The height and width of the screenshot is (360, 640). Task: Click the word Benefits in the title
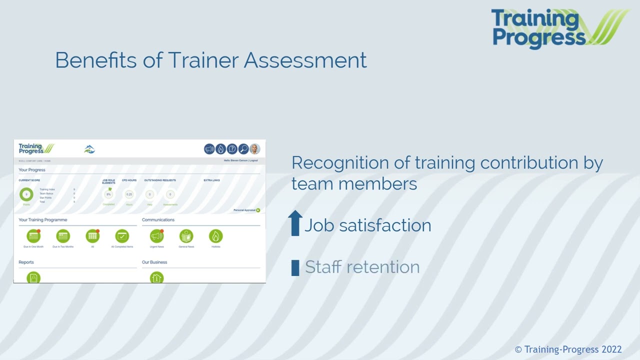(95, 60)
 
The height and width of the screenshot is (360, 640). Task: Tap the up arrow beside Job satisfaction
(295, 223)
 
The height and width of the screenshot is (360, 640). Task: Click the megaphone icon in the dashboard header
(209, 149)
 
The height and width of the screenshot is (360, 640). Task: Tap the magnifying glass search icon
(243, 149)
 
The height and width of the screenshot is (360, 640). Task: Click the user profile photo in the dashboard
(255, 149)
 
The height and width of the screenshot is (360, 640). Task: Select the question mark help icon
(232, 149)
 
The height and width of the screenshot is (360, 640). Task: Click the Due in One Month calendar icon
(33, 236)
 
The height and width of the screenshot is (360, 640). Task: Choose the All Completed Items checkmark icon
(122, 236)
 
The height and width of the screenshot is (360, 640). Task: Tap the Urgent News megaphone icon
(156, 236)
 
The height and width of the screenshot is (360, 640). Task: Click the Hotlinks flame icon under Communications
(215, 236)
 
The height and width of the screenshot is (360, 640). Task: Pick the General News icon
(186, 236)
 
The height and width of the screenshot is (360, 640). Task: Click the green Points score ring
(26, 194)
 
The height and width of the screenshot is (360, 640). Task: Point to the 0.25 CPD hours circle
(129, 194)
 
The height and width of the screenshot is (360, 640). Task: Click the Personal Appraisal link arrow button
(258, 210)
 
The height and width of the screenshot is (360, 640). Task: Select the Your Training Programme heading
(43, 220)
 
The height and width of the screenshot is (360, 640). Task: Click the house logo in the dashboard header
(89, 149)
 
